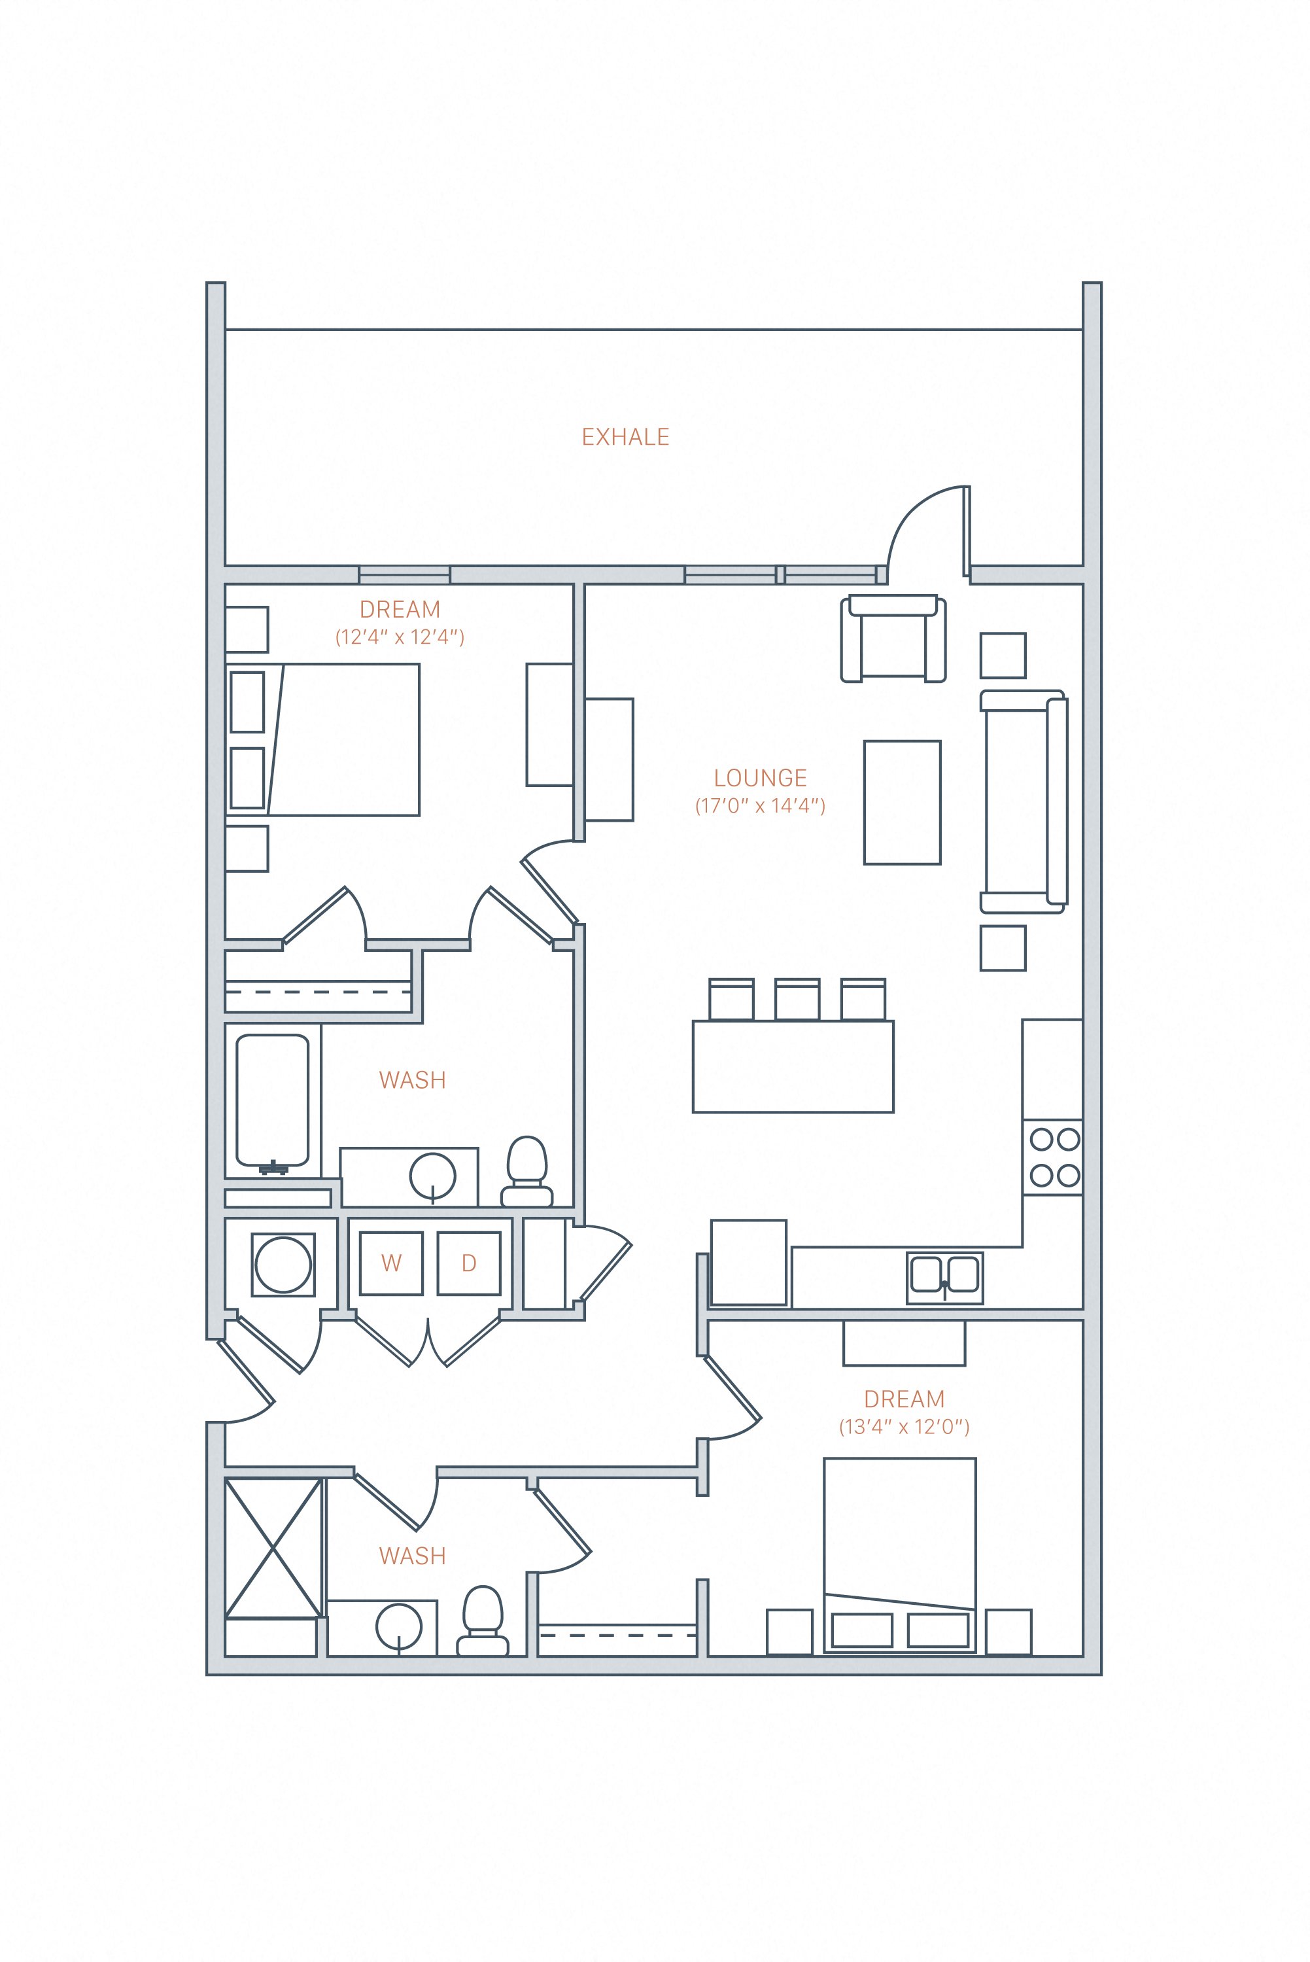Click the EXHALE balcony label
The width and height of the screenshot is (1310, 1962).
coord(625,437)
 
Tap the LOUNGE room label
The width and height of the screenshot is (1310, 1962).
coord(759,778)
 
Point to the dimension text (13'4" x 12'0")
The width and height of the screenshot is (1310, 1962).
coord(904,1426)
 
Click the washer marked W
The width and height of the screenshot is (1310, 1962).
coord(391,1263)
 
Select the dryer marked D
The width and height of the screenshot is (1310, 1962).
coord(469,1263)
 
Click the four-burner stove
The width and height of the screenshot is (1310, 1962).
coord(1054,1157)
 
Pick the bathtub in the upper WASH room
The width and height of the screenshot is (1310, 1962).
coord(272,1100)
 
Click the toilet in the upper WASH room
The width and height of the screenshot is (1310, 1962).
coord(526,1172)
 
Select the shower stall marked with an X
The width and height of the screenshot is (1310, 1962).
coord(273,1547)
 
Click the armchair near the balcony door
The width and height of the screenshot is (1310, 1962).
coord(893,639)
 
